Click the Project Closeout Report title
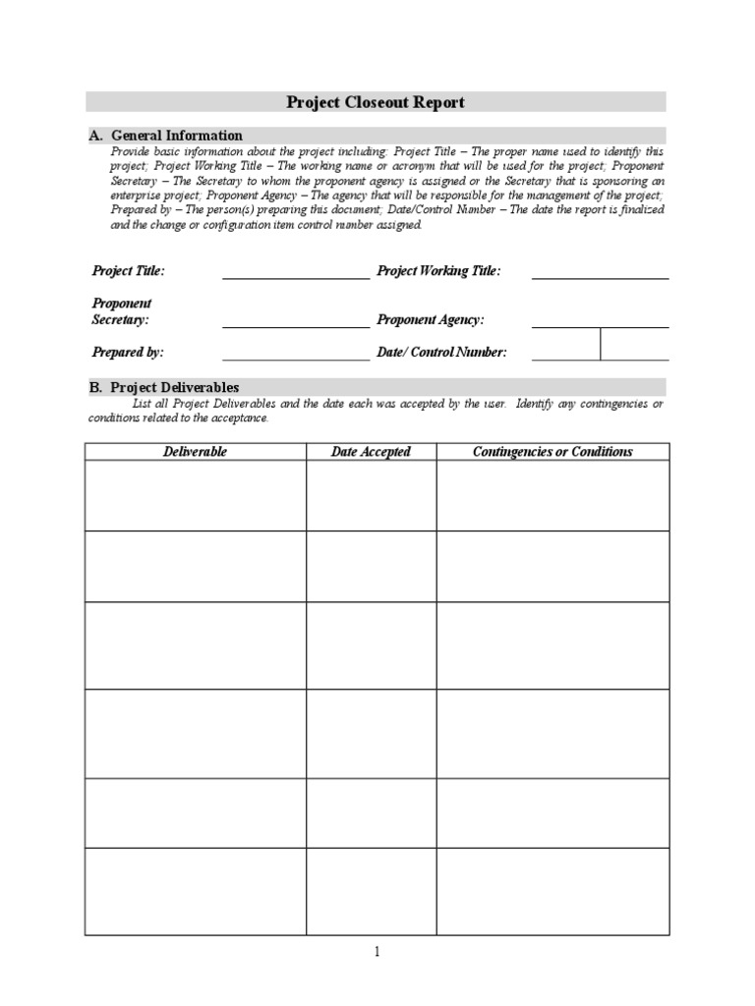tap(375, 102)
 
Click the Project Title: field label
tap(129, 271)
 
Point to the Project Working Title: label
tap(438, 271)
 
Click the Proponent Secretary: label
tap(122, 312)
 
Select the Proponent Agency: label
tap(431, 320)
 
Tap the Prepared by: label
tap(128, 352)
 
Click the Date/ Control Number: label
tap(441, 352)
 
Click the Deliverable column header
tap(195, 452)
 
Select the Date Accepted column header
tap(371, 452)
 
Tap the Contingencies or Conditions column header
tap(552, 452)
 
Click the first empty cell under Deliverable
tap(195, 496)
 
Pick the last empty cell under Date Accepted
tap(371, 891)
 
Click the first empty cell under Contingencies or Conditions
tap(552, 496)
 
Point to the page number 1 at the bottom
tap(377, 951)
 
